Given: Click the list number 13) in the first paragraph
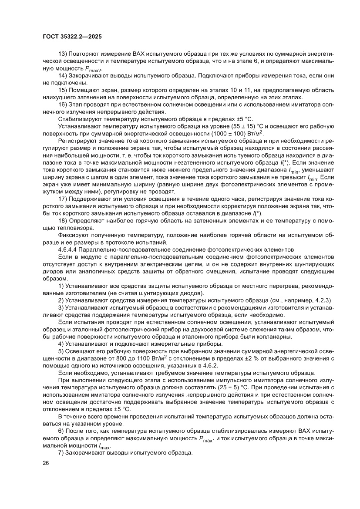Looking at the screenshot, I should point(62,53).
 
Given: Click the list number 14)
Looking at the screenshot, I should point(62,75).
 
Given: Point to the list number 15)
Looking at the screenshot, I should point(62,90).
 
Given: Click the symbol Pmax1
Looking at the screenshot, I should point(207,438).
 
